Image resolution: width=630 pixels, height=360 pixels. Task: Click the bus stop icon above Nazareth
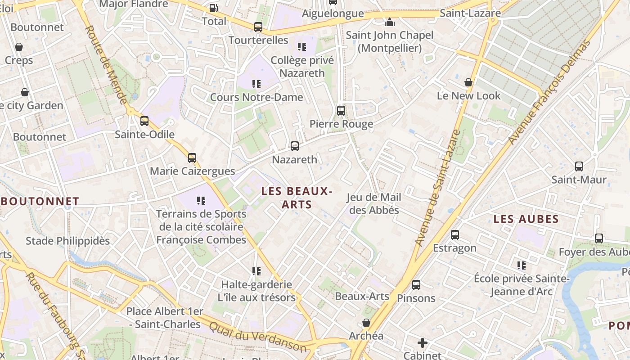pos(294,146)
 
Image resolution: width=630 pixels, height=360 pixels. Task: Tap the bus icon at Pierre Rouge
pos(341,110)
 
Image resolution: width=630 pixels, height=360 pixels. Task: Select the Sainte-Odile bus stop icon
pos(144,121)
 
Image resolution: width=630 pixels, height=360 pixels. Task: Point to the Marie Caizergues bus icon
pos(192,157)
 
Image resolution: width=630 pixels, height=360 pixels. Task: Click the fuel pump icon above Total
pos(214,8)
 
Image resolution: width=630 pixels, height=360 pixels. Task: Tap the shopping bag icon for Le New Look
pos(468,82)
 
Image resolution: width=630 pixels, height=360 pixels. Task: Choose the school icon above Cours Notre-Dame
pos(256,84)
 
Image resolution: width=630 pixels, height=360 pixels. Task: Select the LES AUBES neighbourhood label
pos(526,219)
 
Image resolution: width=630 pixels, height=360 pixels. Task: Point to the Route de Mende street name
pos(106,64)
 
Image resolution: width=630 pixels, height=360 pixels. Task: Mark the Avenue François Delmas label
pos(549,92)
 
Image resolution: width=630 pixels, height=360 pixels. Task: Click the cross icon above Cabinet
pos(422,343)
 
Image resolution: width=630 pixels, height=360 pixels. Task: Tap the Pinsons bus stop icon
pos(416,284)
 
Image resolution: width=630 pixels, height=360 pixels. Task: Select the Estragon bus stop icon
pos(455,234)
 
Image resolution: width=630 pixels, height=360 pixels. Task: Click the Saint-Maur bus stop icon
pos(579,166)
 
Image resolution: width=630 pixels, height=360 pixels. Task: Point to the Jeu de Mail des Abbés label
pos(374,203)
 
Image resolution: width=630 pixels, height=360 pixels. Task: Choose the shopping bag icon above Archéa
pos(366,323)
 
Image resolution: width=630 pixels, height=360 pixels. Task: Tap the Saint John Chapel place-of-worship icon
pos(389,22)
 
